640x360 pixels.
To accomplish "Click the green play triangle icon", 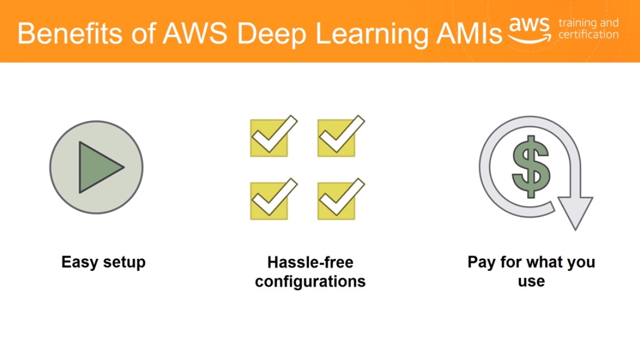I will pos(98,168).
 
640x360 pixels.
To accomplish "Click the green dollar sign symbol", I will pos(530,167).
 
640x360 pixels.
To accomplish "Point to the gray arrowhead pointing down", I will pos(575,212).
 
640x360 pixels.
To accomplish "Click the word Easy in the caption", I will pos(78,263).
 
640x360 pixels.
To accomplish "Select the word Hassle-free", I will pos(310,263).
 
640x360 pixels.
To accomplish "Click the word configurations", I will pos(310,282).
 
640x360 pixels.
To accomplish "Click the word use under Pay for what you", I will pos(531,281).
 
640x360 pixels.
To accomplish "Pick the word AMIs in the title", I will pos(466,34).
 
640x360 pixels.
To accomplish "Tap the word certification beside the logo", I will pos(588,35).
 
